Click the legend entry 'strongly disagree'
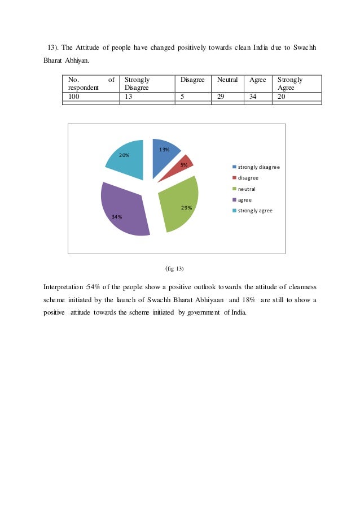click(258, 167)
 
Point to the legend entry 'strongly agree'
click(255, 210)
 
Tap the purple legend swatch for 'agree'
click(234, 199)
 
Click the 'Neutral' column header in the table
click(227, 80)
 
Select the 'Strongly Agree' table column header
click(290, 84)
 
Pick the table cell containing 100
click(74, 96)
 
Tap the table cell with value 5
click(182, 96)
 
